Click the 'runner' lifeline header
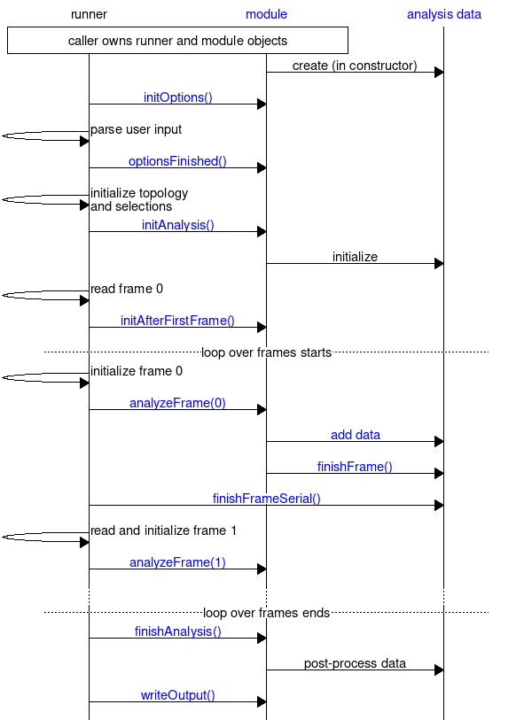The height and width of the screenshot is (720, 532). [x=89, y=14]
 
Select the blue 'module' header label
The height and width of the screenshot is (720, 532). [x=266, y=14]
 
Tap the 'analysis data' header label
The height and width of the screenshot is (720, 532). [x=443, y=14]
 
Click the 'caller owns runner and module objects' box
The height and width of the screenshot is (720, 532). [x=177, y=41]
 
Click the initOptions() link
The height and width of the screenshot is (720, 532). [x=177, y=97]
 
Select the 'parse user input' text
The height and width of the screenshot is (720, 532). [x=136, y=129]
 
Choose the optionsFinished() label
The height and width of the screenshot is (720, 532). [x=177, y=161]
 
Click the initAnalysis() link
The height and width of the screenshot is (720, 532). [x=177, y=225]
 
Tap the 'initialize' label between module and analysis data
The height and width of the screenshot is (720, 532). [x=355, y=257]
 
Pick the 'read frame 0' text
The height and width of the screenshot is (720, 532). [x=126, y=289]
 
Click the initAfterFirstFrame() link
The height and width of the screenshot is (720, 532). [x=177, y=321]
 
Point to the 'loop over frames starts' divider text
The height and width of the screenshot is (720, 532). [x=266, y=352]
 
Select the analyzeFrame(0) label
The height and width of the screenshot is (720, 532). [x=177, y=403]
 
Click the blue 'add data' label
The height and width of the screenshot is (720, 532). [x=355, y=435]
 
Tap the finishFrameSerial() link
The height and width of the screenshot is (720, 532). [x=266, y=499]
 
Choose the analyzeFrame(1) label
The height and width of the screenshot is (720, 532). [x=177, y=562]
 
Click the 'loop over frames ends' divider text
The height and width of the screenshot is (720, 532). [x=266, y=613]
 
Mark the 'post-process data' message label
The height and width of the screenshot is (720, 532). [x=355, y=663]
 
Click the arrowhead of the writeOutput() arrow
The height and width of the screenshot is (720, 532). [x=262, y=702]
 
